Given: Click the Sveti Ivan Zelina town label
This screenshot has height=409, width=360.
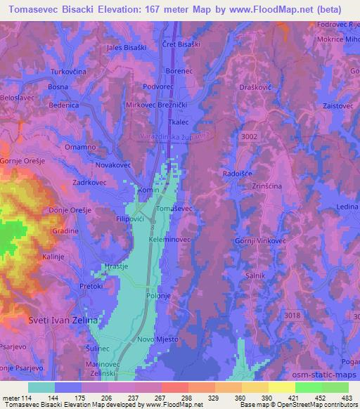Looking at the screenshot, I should coord(60,320).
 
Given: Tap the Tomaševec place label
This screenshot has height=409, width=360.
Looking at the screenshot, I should coord(173,209).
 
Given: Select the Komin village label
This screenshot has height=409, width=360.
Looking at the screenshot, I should coord(149,190).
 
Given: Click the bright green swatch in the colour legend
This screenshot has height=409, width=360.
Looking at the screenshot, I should coord(309,387).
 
